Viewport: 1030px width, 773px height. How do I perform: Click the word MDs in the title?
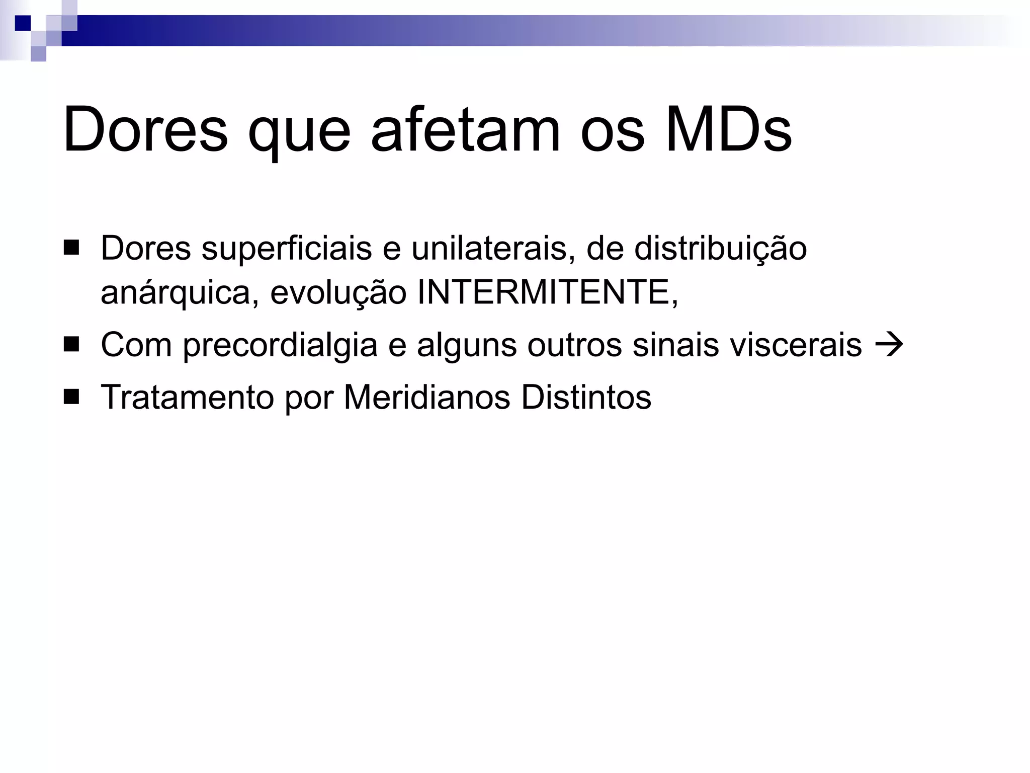click(x=728, y=129)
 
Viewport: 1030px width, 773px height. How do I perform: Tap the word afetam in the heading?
click(x=465, y=129)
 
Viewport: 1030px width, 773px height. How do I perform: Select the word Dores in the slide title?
click(x=145, y=129)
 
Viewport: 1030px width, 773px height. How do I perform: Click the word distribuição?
click(x=720, y=249)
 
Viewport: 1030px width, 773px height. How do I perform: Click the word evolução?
click(x=338, y=292)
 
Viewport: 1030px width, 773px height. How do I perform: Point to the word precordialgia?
click(x=280, y=346)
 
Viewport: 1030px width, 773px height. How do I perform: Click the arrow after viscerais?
click(x=889, y=346)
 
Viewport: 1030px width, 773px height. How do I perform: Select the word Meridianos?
click(x=427, y=398)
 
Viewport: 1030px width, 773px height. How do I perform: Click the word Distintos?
click(x=586, y=398)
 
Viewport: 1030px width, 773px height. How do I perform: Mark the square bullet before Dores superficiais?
click(x=71, y=248)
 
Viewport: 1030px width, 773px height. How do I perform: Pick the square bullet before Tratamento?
click(x=71, y=397)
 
